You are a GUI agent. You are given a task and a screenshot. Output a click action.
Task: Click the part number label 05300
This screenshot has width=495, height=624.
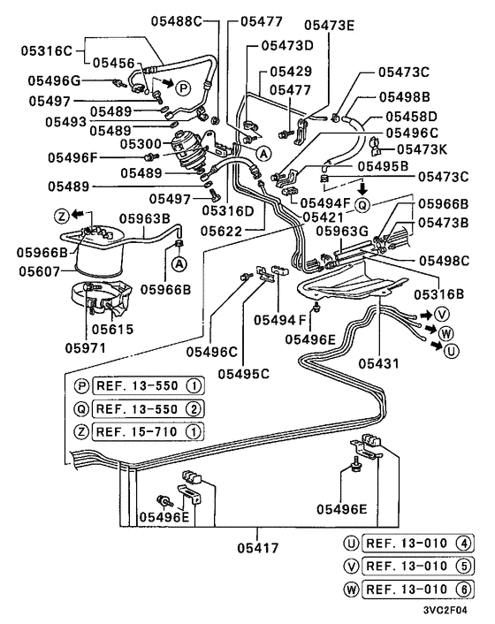tap(141, 143)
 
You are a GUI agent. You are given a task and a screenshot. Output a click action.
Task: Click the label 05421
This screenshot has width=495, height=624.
tap(298, 217)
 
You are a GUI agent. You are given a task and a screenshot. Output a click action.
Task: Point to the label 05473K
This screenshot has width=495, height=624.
tap(427, 149)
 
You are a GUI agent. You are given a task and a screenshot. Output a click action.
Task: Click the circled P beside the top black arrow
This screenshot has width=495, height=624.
tap(183, 87)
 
